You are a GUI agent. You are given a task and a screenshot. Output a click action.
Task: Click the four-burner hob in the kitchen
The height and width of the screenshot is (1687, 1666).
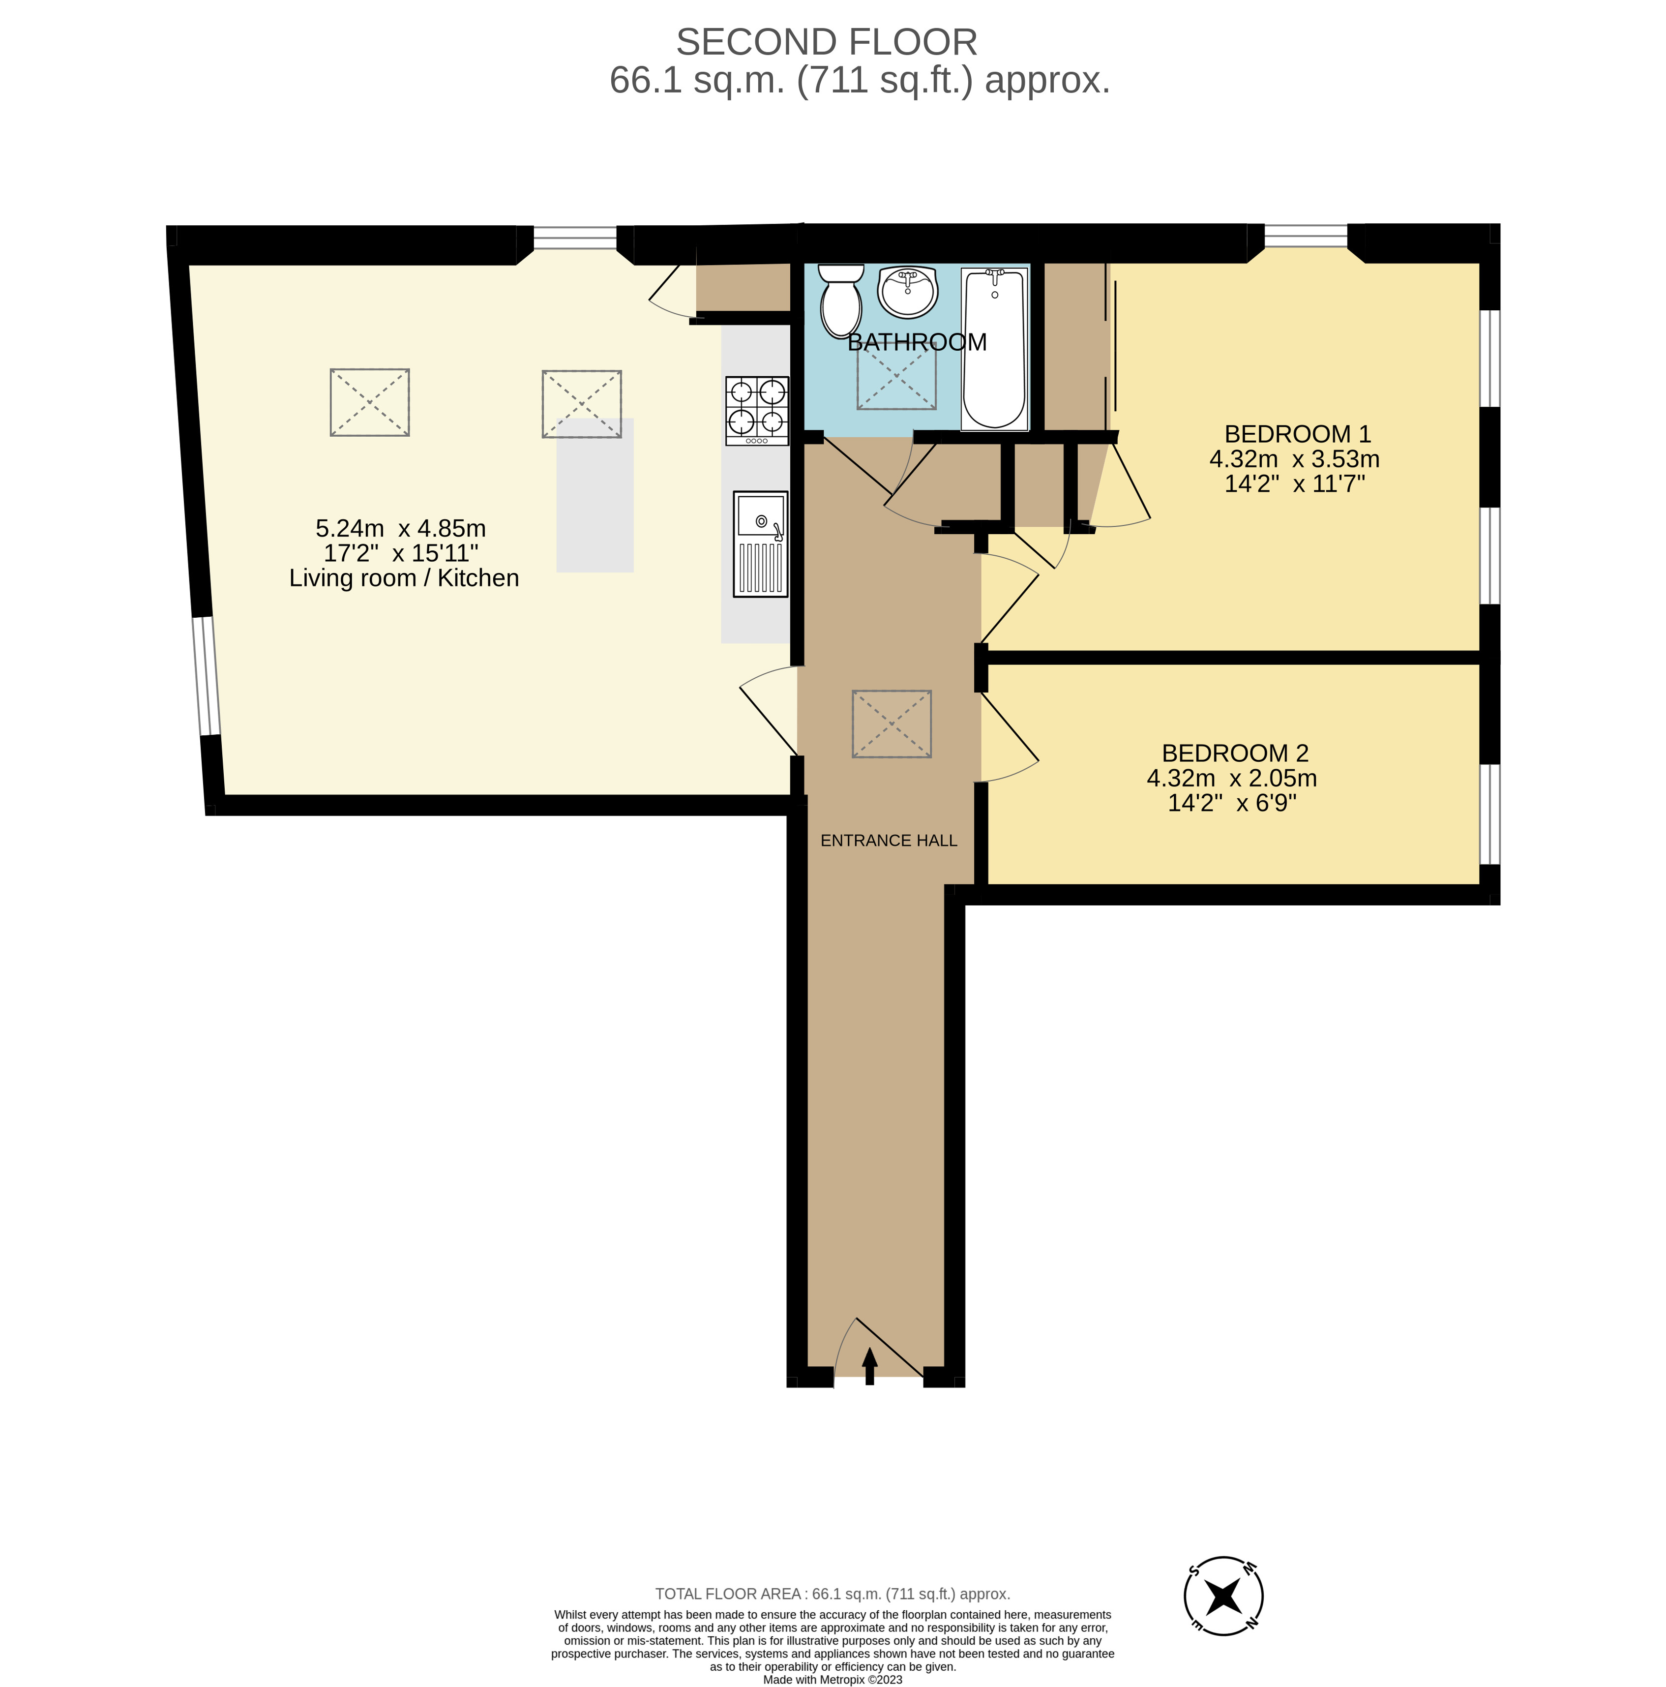pyautogui.click(x=756, y=410)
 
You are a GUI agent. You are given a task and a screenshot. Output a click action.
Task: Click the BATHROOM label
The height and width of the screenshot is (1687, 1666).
pyautogui.click(x=917, y=342)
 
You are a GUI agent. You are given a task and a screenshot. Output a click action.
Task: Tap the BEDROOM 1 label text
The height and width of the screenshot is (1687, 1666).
pyautogui.click(x=1298, y=434)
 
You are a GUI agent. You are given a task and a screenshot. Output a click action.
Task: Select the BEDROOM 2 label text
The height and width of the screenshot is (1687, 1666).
pyautogui.click(x=1235, y=753)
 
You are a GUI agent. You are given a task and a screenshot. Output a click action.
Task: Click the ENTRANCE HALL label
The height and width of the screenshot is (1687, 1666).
pyautogui.click(x=889, y=840)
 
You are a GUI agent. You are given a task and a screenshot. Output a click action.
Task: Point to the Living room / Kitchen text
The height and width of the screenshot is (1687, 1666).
pyautogui.click(x=404, y=578)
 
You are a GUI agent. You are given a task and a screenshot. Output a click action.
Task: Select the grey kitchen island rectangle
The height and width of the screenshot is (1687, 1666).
pyautogui.click(x=595, y=495)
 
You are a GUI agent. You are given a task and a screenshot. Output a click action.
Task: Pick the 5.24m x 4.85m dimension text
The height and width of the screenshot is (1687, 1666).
pyautogui.click(x=401, y=528)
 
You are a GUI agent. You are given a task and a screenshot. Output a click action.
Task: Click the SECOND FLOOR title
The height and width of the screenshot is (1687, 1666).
pyautogui.click(x=826, y=42)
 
